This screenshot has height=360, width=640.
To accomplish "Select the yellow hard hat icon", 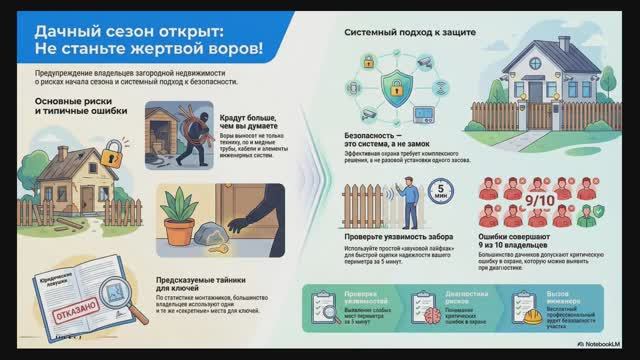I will click(520, 303).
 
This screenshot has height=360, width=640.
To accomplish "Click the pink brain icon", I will click(420, 302).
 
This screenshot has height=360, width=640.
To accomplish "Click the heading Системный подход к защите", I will click(409, 32).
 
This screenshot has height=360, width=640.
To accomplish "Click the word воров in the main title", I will click(233, 48).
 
